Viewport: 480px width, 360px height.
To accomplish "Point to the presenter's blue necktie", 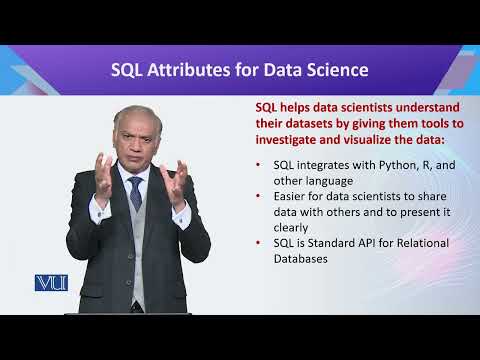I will [x=135, y=192].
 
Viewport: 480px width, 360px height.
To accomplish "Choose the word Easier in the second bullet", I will [x=279, y=196].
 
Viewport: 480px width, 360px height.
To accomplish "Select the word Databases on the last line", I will [x=292, y=258].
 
